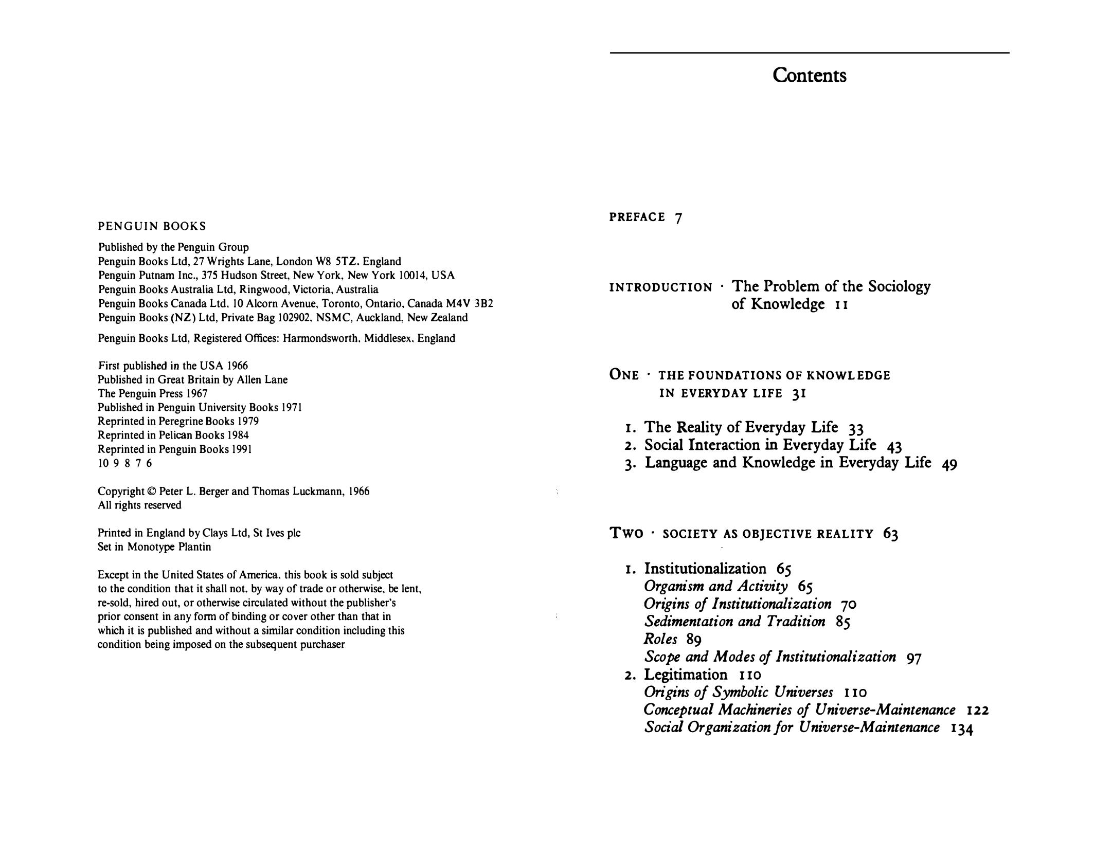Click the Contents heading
pos(809,76)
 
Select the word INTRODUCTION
pos(660,287)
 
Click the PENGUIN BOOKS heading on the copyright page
pos(152,226)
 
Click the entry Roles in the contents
pos(660,639)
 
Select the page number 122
pos(978,711)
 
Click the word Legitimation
pos(686,675)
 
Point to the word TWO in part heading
pos(626,534)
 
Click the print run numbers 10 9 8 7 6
pos(125,463)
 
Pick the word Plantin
pos(194,547)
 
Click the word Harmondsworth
pos(320,338)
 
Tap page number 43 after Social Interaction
pos(894,446)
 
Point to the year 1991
pos(241,449)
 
